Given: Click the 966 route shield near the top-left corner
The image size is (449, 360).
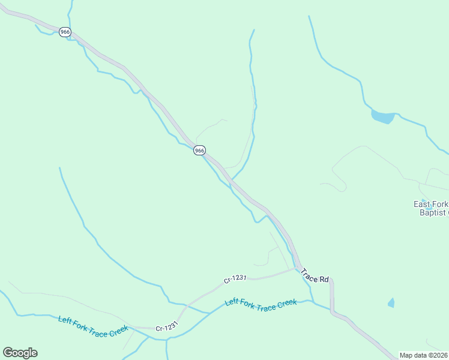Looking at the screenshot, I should (x=65, y=31).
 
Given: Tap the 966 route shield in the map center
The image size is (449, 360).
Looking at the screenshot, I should (x=200, y=150).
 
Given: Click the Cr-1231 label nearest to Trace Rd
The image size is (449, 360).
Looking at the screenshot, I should (x=235, y=280).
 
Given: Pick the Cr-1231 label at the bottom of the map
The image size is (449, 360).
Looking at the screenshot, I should (x=167, y=328).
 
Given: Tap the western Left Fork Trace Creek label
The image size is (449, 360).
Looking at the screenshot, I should (x=93, y=326).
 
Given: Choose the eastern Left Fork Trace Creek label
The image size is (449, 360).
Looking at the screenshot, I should (x=261, y=304).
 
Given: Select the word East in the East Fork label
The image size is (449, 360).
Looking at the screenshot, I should (x=422, y=204).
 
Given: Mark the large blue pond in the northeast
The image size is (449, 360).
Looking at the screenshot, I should (x=382, y=116).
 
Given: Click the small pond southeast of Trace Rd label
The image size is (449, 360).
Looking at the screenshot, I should (x=391, y=303).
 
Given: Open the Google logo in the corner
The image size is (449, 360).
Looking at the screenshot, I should (x=20, y=353).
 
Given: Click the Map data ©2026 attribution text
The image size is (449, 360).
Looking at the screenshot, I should (x=423, y=355).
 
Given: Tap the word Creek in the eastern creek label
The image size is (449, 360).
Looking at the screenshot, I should (x=287, y=302).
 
